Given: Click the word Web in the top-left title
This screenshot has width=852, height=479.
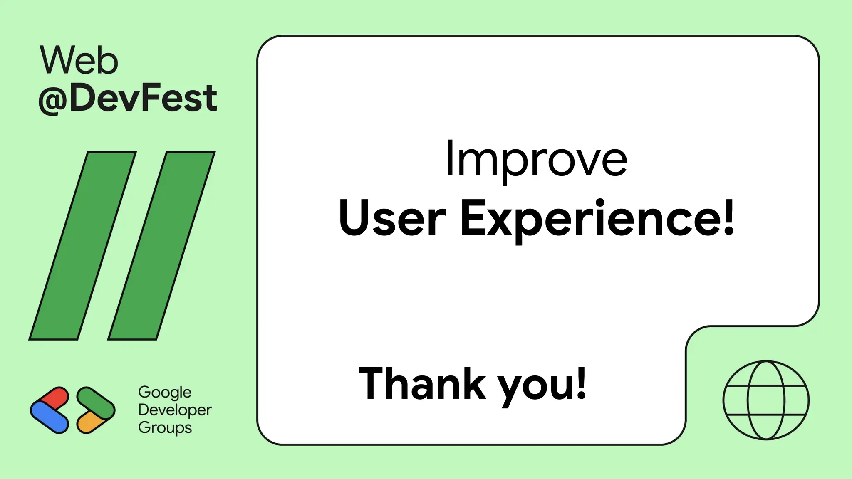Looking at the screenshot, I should (x=79, y=61).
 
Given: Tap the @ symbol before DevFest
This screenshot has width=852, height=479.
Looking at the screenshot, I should (x=53, y=99).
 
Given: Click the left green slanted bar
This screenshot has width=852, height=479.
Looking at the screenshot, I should (x=82, y=245).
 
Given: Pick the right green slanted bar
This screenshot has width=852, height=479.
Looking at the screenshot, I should (x=161, y=245).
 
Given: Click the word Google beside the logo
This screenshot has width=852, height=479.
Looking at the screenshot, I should (x=165, y=392).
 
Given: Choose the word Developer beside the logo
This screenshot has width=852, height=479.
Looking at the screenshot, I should (x=175, y=410).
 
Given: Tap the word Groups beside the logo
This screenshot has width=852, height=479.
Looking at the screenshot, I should (x=165, y=428).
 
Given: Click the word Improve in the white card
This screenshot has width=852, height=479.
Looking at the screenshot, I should (x=536, y=160).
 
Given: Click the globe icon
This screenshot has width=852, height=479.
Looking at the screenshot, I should (x=766, y=400).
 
